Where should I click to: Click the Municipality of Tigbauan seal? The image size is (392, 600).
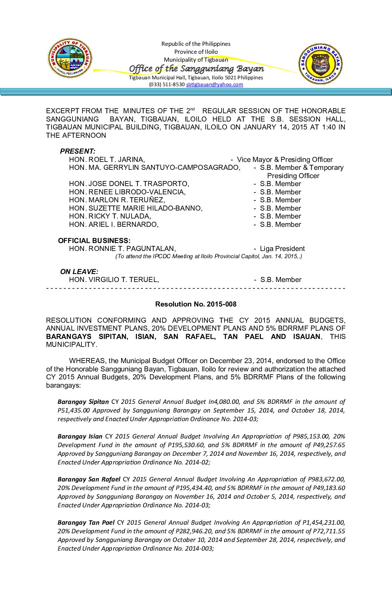(70, 58)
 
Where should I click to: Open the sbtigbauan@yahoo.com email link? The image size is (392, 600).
(214, 84)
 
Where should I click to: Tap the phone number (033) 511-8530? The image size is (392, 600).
(167, 84)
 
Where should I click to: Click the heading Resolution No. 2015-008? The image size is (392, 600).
(196, 304)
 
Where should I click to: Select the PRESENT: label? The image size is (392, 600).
(77, 151)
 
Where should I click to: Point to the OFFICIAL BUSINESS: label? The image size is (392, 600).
(94, 241)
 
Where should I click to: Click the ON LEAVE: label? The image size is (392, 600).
(79, 272)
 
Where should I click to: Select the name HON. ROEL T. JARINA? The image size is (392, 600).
(107, 159)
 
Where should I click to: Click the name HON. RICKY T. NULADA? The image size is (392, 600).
(110, 216)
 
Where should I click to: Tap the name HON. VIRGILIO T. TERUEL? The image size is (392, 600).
(114, 279)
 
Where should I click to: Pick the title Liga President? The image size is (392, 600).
(282, 248)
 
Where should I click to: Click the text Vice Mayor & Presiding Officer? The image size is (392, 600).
(285, 159)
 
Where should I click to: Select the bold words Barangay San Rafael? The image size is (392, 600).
(89, 479)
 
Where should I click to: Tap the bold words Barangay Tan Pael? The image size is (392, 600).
(86, 522)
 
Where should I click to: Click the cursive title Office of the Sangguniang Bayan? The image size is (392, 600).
(196, 69)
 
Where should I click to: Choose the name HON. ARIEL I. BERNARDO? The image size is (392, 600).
(114, 224)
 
